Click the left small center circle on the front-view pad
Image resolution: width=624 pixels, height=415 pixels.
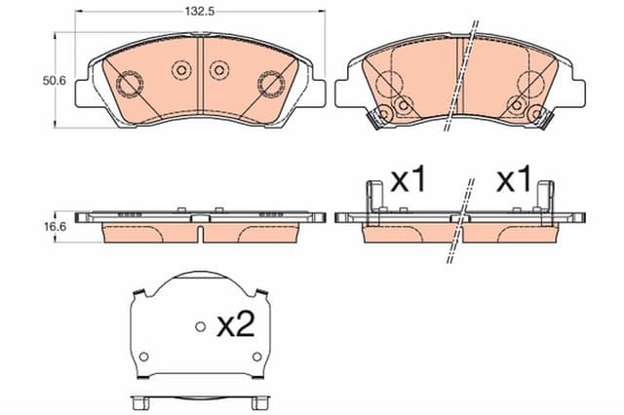click(180, 70)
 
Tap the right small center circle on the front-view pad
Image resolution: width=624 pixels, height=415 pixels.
click(218, 70)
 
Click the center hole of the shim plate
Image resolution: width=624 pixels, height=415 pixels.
click(200, 326)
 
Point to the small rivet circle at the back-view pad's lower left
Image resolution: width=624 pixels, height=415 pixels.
click(384, 116)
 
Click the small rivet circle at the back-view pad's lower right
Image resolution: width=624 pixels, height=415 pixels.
click(533, 116)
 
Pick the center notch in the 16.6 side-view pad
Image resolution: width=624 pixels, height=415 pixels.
click(199, 234)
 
